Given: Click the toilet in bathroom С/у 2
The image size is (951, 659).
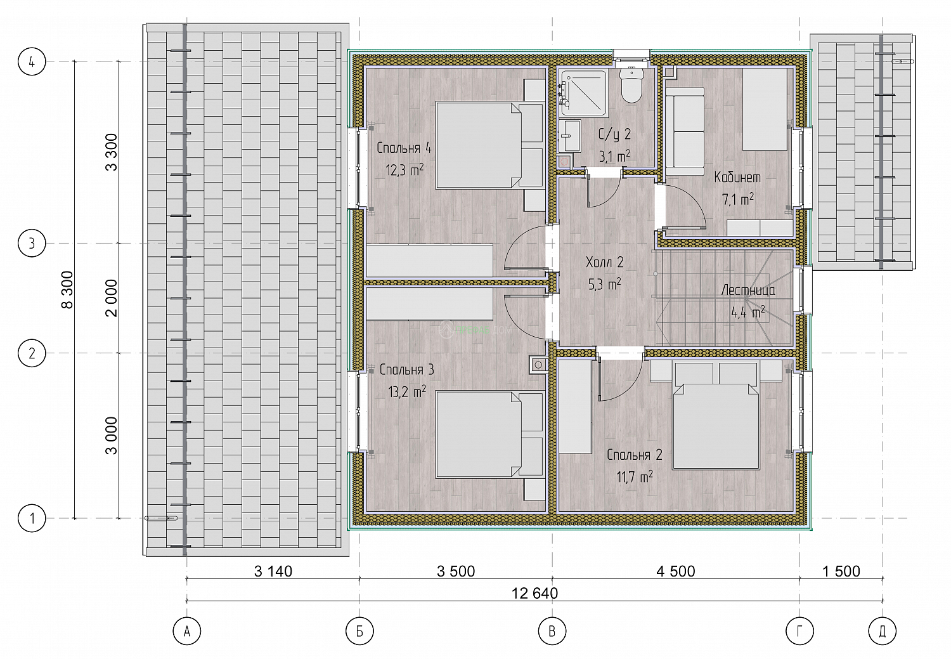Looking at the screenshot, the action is (x=631, y=85).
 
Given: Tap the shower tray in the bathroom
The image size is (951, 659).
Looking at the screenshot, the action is (x=584, y=93).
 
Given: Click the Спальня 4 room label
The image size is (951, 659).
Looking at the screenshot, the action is (x=404, y=148).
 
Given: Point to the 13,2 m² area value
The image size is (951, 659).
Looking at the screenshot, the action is (x=407, y=391).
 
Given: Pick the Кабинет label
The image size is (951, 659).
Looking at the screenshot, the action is (x=737, y=177).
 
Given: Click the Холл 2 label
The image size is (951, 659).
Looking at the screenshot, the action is (x=605, y=262).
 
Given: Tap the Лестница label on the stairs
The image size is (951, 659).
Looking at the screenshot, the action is (x=748, y=290).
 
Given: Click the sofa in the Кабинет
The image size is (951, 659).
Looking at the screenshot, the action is (x=684, y=132).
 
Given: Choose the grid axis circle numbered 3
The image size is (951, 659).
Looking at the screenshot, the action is (x=32, y=244).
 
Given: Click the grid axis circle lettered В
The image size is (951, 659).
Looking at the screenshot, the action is (x=552, y=631).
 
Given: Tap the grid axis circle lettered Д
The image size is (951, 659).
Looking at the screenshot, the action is (x=883, y=631).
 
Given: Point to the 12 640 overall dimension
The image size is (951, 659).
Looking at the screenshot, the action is (x=534, y=593).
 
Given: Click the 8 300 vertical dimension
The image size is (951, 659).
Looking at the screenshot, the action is (x=67, y=290).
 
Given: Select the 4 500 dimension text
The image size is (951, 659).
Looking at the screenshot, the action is (x=676, y=571).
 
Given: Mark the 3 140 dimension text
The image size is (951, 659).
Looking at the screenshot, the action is (x=273, y=571).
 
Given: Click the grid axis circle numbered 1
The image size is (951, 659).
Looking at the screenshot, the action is (x=32, y=518).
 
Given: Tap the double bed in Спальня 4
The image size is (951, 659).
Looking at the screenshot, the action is (x=489, y=145).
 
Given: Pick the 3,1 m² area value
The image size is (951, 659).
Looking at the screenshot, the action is (x=614, y=157).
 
